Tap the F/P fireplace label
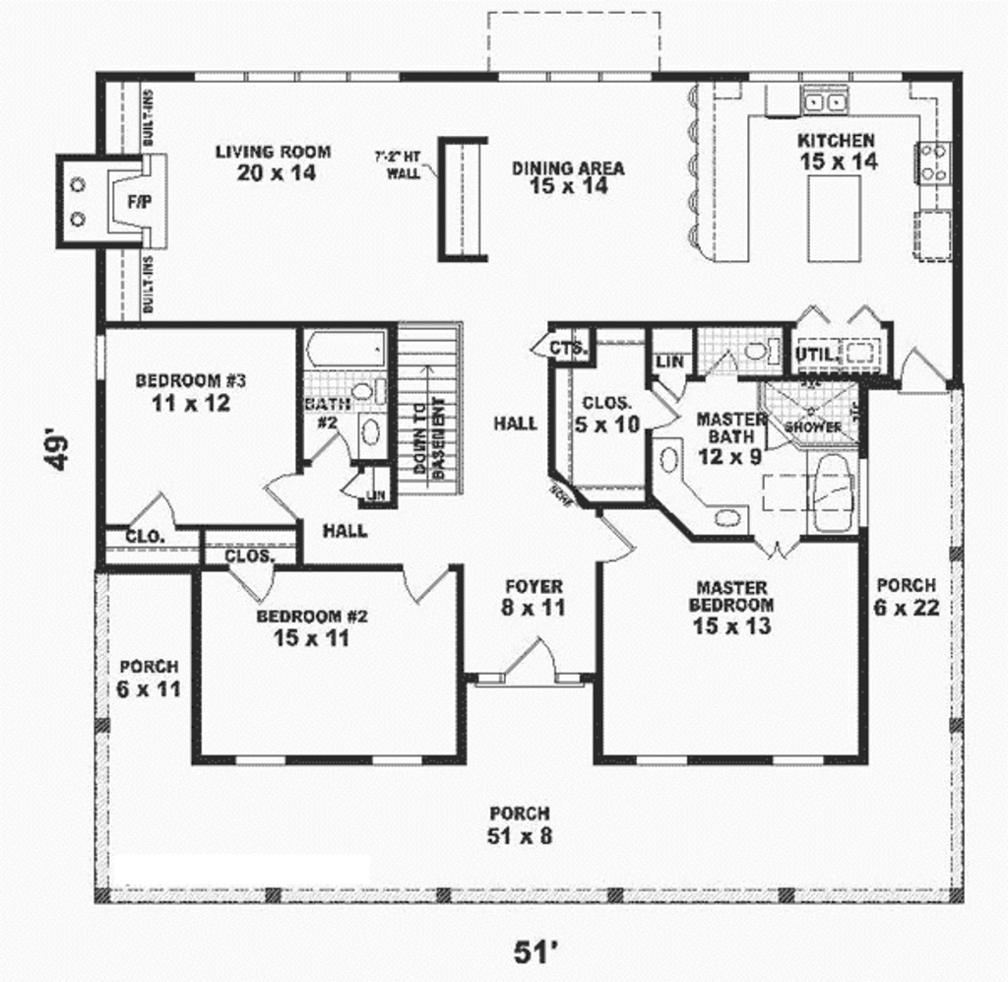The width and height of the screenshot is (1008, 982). [136, 200]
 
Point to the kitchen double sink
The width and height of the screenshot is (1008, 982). [826, 100]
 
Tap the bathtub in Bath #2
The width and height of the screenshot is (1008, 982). [345, 350]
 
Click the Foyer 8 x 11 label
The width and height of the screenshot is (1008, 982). [534, 597]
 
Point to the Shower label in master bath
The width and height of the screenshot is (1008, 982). [813, 426]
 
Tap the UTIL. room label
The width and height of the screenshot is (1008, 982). [816, 354]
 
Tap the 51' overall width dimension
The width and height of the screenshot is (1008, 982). [535, 952]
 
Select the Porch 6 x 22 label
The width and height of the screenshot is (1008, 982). [906, 596]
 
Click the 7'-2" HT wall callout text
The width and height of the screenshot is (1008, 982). [398, 164]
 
